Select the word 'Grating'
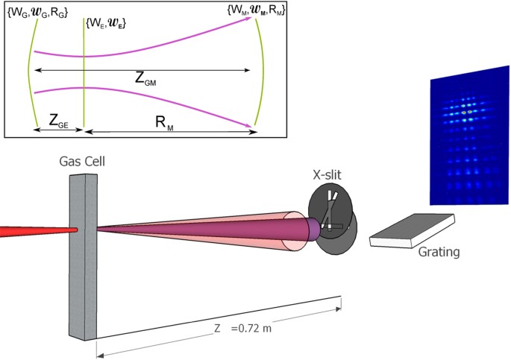pos(439,252)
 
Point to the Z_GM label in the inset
pos(146,79)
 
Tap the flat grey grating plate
pos(413,230)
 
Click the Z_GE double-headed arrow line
pos(57,130)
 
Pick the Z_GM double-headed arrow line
pos(142,69)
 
